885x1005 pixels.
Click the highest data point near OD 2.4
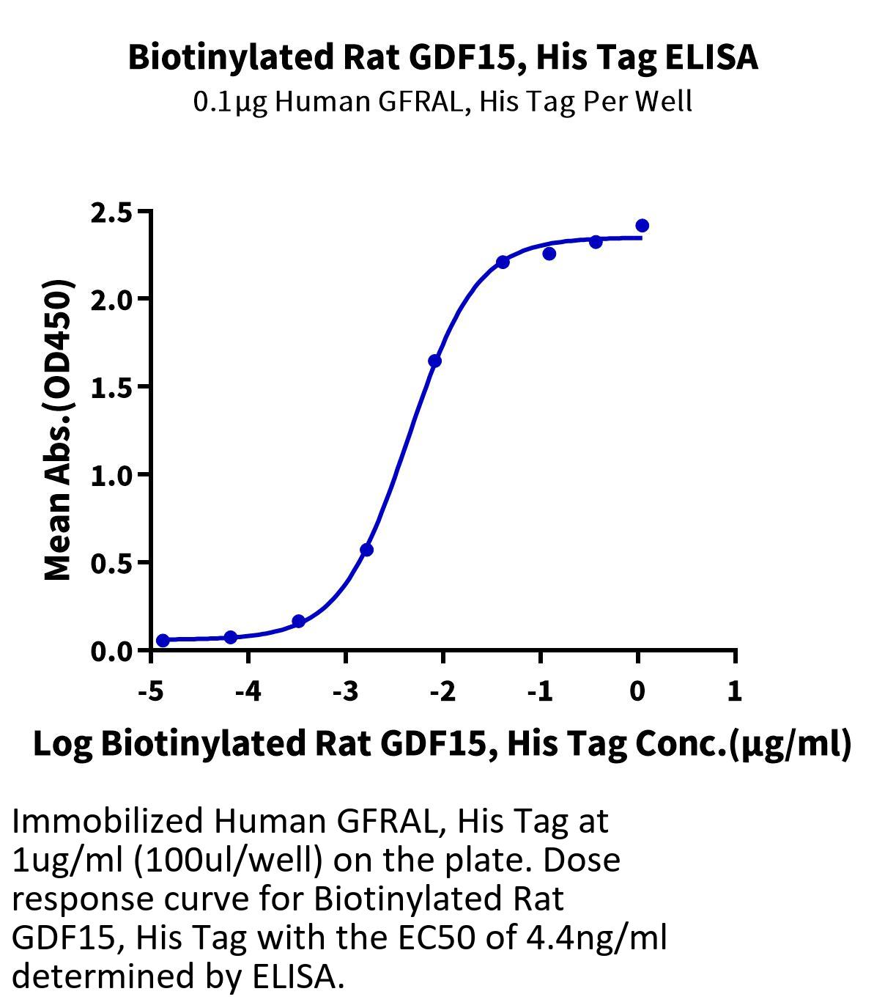coord(642,226)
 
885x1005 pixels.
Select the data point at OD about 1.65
coord(435,361)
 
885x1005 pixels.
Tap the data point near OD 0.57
coord(367,550)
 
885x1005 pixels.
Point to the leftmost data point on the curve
coord(163,641)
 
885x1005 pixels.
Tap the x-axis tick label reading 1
coord(735,691)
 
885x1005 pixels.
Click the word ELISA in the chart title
coord(711,57)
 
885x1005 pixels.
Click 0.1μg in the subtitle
coord(231,101)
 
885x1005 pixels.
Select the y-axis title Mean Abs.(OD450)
coord(59,430)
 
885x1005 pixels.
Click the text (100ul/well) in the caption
coord(228,860)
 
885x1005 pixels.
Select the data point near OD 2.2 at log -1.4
coord(503,262)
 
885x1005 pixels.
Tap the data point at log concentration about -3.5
coord(298,622)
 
